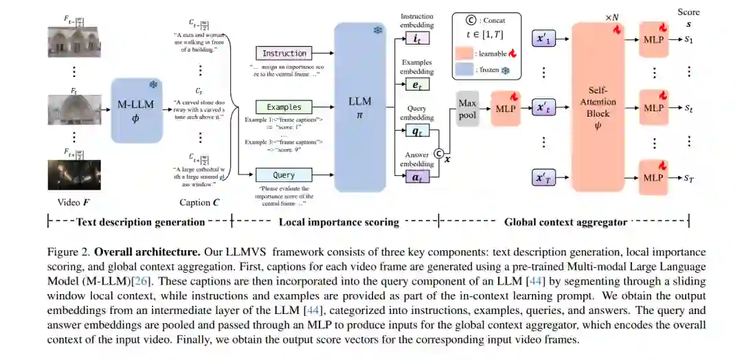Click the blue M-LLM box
pyautogui.click(x=135, y=110)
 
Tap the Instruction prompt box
pyautogui.click(x=284, y=53)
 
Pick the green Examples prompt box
pyautogui.click(x=284, y=107)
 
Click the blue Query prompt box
pyautogui.click(x=284, y=175)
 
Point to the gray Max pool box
pyautogui.click(x=468, y=109)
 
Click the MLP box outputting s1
pyautogui.click(x=653, y=39)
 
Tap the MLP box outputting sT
pyautogui.click(x=653, y=177)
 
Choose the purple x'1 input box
pyautogui.click(x=544, y=39)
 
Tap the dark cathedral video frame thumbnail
pyautogui.click(x=74, y=175)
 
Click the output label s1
pyautogui.click(x=689, y=39)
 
